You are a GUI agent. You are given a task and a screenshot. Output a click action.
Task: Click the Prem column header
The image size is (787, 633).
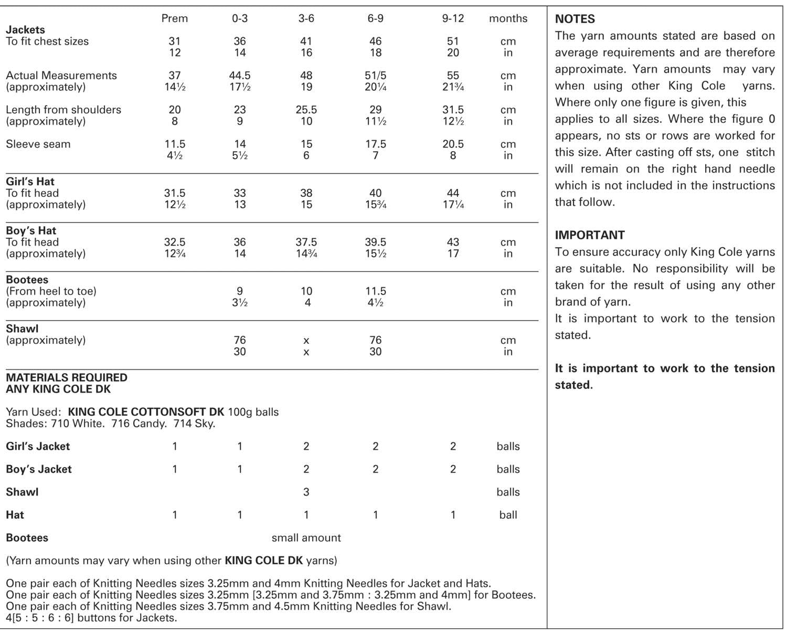point(175,18)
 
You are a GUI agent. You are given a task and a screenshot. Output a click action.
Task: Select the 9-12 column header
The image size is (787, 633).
point(453,18)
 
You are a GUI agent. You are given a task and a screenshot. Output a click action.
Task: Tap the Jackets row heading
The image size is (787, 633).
point(25,30)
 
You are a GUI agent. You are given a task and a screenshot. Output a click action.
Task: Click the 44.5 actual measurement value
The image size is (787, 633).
point(240,76)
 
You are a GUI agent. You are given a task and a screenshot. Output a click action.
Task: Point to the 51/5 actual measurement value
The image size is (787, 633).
point(376,76)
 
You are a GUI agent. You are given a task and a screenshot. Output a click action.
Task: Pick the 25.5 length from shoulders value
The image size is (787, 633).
point(306,110)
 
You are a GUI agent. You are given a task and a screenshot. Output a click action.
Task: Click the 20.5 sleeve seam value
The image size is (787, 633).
point(453,144)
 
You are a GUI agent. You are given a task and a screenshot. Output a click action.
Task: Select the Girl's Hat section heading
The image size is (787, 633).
point(30,182)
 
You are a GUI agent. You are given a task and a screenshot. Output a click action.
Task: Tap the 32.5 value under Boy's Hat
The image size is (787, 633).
point(175,242)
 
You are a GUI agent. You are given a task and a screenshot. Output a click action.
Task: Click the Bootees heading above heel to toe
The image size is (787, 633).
point(27,280)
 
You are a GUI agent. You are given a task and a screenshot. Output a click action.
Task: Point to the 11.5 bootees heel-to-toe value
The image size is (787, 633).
point(376,291)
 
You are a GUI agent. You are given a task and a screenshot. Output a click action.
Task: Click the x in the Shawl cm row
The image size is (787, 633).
point(306,341)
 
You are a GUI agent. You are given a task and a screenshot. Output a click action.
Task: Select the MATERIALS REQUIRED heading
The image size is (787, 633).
point(66,378)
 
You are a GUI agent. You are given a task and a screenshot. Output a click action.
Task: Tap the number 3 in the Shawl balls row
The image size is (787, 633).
point(306,492)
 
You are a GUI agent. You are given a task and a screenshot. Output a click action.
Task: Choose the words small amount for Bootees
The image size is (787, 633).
point(306,538)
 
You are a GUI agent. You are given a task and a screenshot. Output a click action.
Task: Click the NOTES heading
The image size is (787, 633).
point(575,19)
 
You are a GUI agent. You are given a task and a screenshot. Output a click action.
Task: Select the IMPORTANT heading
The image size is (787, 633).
point(590,235)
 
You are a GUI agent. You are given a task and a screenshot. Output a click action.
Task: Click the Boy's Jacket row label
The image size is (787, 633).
point(38,469)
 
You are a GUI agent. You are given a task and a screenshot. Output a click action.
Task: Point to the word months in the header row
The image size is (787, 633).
point(508,18)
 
